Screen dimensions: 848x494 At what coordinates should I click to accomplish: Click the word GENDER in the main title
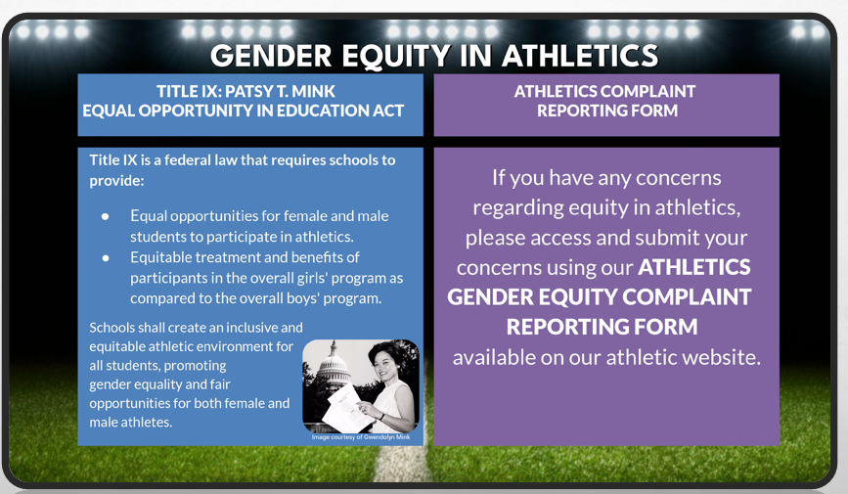[271, 55]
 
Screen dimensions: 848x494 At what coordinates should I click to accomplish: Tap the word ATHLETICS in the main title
[580, 55]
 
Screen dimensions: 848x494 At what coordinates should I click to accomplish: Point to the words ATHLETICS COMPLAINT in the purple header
[604, 91]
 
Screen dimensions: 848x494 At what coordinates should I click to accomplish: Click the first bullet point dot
[105, 216]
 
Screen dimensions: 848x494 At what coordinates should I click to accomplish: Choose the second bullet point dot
[105, 257]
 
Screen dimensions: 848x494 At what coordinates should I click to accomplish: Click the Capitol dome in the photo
[332, 365]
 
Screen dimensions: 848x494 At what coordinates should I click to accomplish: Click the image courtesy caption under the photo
[361, 436]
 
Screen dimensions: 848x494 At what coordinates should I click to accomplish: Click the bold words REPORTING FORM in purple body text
[602, 327]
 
